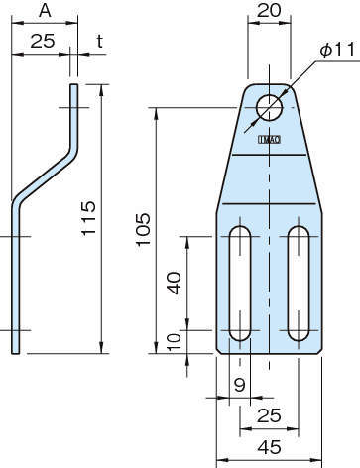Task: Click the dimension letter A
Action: click(x=45, y=11)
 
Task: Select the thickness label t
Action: click(x=100, y=41)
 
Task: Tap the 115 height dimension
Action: click(x=88, y=218)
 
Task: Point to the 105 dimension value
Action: click(x=143, y=229)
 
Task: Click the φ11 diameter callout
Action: click(x=337, y=50)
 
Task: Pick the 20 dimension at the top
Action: click(x=269, y=11)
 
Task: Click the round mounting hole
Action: click(x=269, y=108)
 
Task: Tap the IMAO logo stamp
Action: click(x=269, y=140)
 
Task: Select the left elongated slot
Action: click(x=240, y=284)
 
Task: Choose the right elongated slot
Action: click(x=299, y=284)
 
